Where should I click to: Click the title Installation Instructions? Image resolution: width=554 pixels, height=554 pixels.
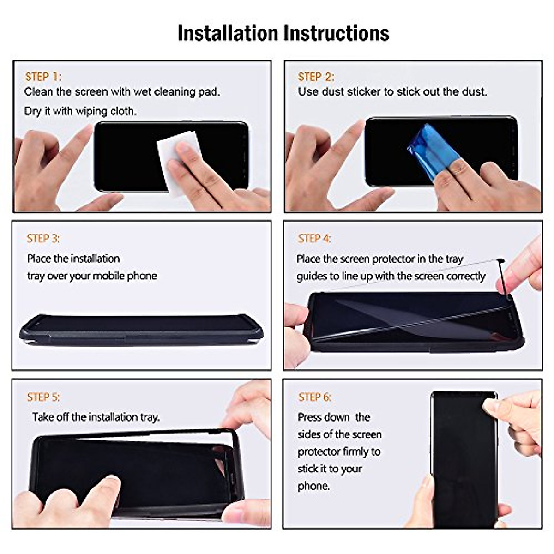(283, 33)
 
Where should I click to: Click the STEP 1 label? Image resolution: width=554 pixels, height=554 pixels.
(43, 77)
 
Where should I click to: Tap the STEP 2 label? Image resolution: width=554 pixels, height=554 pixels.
(316, 77)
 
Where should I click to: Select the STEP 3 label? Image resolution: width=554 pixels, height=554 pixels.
(43, 238)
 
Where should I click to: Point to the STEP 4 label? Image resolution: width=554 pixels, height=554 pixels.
(314, 238)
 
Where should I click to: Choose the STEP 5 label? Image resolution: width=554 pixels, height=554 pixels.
(43, 397)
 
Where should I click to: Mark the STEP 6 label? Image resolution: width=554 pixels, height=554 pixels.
(315, 397)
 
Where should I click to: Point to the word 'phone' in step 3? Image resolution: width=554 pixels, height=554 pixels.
(142, 276)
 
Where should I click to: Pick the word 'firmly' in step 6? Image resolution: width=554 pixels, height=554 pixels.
(353, 452)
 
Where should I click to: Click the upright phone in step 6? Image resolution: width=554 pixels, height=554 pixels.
(462, 462)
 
